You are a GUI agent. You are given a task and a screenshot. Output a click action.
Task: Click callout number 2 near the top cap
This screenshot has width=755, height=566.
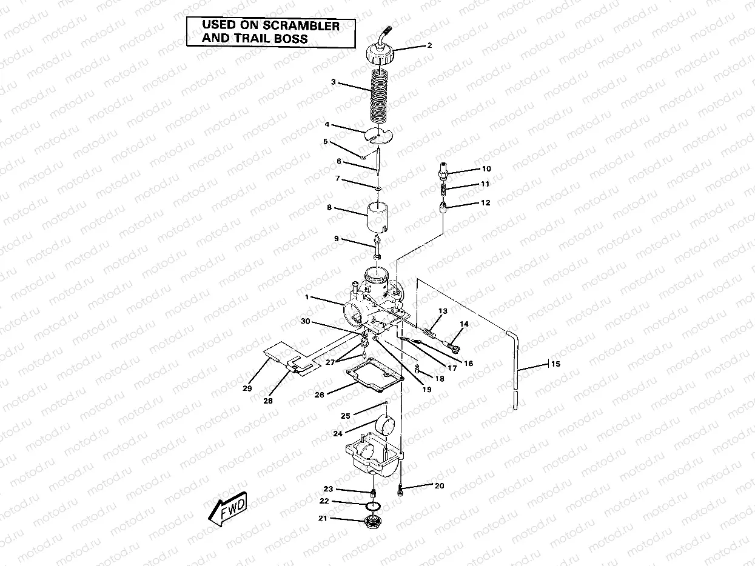[x=429, y=45]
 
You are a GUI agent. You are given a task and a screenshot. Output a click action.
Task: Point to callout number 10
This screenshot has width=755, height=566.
[x=486, y=168]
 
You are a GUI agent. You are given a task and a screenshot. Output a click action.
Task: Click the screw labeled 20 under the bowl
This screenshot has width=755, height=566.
[x=401, y=491]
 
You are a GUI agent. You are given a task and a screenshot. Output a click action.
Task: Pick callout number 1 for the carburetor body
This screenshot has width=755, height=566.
[x=307, y=297]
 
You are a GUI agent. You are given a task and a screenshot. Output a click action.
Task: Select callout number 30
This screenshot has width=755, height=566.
[x=306, y=321]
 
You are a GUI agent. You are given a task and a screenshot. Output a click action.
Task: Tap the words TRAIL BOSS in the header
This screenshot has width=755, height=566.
[x=277, y=39]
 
